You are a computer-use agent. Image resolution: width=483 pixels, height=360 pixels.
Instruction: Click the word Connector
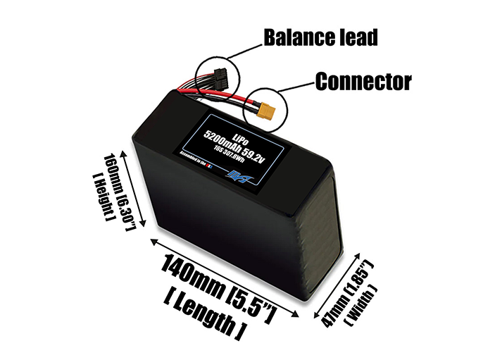click(x=362, y=81)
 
